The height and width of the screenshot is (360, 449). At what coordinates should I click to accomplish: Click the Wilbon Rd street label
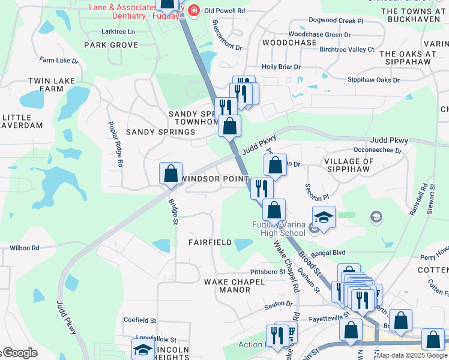coord(25,248)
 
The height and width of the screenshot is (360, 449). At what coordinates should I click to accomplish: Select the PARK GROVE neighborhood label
coord(111,45)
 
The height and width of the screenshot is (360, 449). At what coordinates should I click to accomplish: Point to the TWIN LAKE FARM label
coord(45,85)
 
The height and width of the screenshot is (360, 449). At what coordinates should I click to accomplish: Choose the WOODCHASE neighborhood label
coord(289,43)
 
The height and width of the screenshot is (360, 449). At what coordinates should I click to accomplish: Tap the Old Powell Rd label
coord(225,11)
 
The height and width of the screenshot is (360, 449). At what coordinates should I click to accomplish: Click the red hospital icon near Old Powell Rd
coord(193,10)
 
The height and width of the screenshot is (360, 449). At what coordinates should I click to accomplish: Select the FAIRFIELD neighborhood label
coord(209,242)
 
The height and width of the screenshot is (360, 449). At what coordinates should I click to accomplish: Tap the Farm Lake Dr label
coord(59,61)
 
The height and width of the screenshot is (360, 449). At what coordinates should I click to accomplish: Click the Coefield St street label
coord(140,320)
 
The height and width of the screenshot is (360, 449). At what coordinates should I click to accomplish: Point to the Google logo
coord(20,353)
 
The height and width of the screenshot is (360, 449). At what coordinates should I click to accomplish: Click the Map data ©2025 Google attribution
coord(411,355)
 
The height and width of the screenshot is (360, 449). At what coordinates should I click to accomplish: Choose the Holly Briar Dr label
coord(281,67)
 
